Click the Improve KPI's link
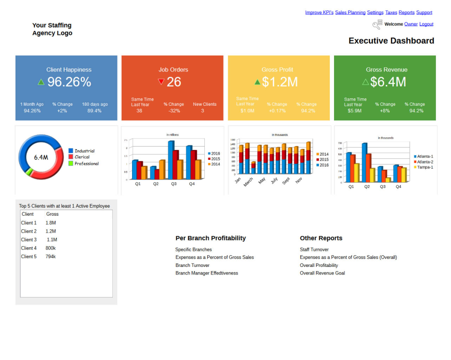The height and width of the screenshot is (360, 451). [319, 13]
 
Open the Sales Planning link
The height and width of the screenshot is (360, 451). [350, 13]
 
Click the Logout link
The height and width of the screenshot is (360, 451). [426, 24]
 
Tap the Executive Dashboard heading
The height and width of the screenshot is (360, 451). [391, 41]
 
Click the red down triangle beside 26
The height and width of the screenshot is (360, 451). [161, 82]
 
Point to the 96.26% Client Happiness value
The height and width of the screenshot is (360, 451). [69, 82]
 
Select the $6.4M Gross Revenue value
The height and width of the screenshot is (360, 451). [388, 82]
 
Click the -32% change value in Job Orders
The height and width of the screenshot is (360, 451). [174, 111]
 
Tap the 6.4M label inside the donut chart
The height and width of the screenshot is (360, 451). [41, 157]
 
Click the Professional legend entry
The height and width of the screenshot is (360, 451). [86, 164]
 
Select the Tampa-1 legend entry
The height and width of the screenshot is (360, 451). [425, 167]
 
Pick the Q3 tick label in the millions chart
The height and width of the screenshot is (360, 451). [174, 184]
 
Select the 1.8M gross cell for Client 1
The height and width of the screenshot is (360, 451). [51, 223]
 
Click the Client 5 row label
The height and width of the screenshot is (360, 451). [29, 257]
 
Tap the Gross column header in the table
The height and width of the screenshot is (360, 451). [53, 214]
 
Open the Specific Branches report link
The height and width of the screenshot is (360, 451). [194, 250]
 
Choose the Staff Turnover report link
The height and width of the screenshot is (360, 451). [314, 250]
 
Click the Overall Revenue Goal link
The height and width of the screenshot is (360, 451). [322, 273]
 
